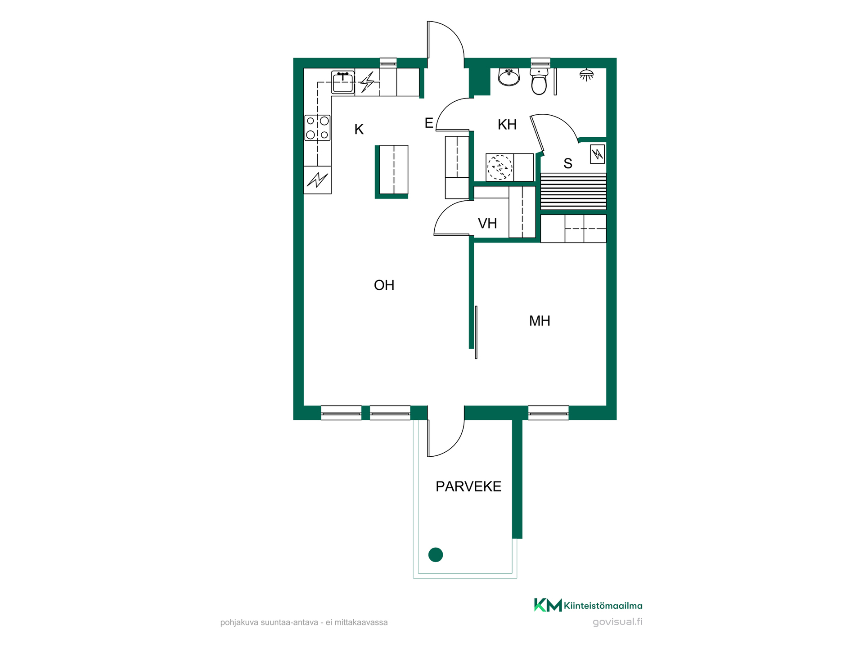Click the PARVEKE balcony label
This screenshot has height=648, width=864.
click(x=468, y=486)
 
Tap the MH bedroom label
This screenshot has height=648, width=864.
click(x=540, y=321)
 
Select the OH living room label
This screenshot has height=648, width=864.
click(x=384, y=285)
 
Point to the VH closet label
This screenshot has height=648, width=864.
click(x=487, y=224)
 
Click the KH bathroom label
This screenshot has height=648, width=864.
click(x=507, y=125)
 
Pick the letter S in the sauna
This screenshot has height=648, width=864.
click(x=568, y=164)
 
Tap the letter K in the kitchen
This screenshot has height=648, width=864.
click(x=359, y=130)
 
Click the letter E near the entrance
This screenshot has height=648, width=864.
click(x=429, y=123)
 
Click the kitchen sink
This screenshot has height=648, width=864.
click(x=343, y=82)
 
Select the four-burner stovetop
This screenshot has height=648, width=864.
click(x=317, y=128)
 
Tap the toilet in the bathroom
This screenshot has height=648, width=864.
click(x=539, y=81)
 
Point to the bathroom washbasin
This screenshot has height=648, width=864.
click(x=509, y=77)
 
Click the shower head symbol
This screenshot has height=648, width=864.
click(x=586, y=75)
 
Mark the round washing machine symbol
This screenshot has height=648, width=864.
click(x=500, y=167)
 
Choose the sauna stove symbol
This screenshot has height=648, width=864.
click(x=598, y=154)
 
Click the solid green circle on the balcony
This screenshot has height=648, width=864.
click(x=436, y=555)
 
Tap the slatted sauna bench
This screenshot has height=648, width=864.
click(x=573, y=191)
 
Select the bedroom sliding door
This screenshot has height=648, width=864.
click(x=476, y=333)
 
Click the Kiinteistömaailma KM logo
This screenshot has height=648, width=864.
click(x=588, y=605)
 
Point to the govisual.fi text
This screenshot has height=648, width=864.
click(x=617, y=622)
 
